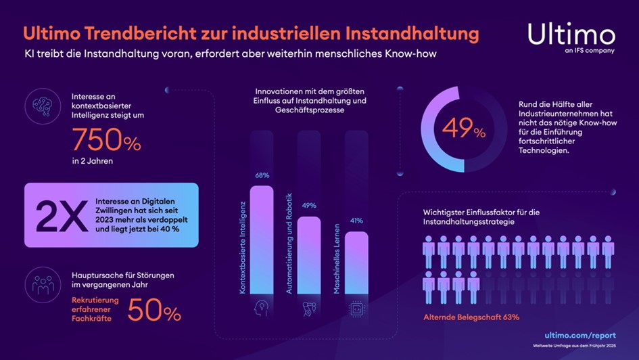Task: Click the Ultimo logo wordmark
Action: pos(571,34)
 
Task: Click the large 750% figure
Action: pos(106,141)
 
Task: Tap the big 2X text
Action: pos(59,215)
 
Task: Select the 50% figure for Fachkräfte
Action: pos(154,312)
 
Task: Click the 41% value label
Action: pos(356,221)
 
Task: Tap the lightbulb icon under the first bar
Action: pos(262,309)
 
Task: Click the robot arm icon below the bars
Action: pos(309,309)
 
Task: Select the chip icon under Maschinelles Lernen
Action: pos(356,309)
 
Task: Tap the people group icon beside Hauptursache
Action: pos(43,285)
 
